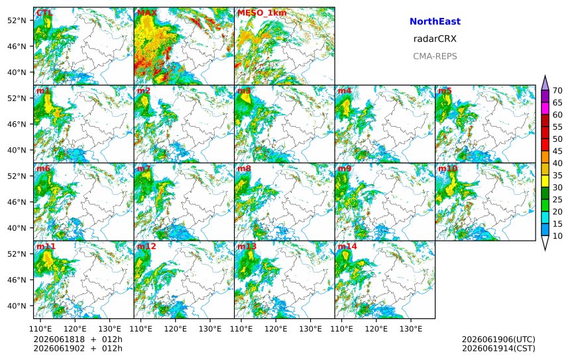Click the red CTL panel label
coord(44,13)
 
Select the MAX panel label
coord(147,13)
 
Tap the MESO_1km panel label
coord(262,13)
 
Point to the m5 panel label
coord(445,91)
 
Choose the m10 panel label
coord(447,168)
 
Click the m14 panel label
coord(347,247)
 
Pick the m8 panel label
coord(244,168)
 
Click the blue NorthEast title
coord(435,21)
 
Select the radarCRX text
coord(435,39)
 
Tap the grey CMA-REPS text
coord(435,56)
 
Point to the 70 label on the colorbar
coord(557,91)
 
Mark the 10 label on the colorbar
coord(557,236)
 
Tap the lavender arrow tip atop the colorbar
coord(545,76)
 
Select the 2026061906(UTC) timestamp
coord(498,339)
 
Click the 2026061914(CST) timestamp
coord(498,348)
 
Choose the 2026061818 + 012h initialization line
coord(78,339)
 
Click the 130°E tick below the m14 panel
coord(411,329)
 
